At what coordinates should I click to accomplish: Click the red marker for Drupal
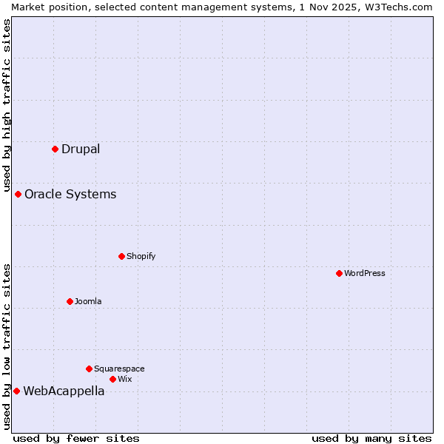(55, 149)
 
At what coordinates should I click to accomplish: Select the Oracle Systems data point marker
(18, 194)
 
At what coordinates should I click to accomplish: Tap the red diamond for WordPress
(339, 273)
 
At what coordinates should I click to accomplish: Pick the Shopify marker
(121, 256)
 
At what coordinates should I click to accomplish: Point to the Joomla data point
(70, 301)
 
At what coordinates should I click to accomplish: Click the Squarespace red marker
(89, 369)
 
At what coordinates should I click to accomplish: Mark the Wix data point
(112, 379)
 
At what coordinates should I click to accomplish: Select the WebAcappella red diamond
(16, 391)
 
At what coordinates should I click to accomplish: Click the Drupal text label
(81, 149)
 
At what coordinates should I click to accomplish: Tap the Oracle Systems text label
(70, 194)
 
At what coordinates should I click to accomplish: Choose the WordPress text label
(365, 273)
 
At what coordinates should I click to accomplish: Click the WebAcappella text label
(64, 391)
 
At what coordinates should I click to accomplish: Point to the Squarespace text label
(119, 369)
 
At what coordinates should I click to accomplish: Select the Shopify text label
(141, 256)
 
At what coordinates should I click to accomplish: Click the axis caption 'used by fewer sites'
(76, 438)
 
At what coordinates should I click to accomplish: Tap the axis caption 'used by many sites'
(371, 438)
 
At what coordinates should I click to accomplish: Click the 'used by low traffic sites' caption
(7, 346)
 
